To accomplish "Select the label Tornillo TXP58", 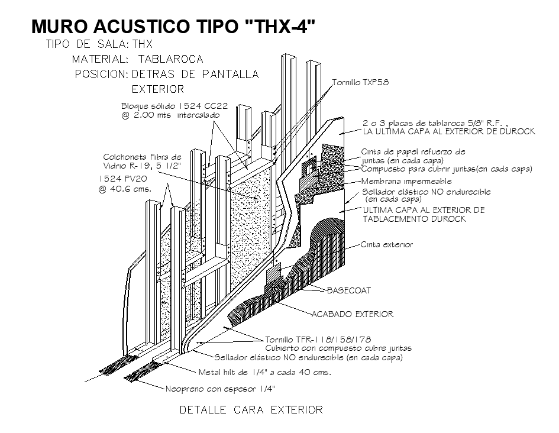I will coord(360,82).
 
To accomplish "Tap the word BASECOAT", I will coord(348,290).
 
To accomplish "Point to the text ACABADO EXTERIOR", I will coord(353,314).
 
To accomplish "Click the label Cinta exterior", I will coord(387,244).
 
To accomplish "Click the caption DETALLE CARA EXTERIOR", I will coord(251,409).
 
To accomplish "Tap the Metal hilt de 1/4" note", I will coord(264,373).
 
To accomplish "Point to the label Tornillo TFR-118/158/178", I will coord(318,340).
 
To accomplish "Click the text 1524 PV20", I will coord(124,178).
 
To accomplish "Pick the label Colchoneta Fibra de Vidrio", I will coord(143,161).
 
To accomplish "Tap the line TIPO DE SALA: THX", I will coord(99,44).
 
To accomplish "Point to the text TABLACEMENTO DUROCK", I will coord(414,219).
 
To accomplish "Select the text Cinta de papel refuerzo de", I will coord(413,152).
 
